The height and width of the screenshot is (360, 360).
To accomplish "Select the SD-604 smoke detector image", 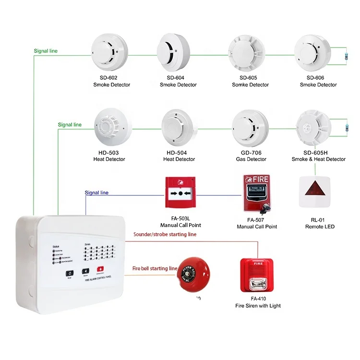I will [178, 53].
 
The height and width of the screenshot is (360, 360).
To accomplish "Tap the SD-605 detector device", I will [250, 53].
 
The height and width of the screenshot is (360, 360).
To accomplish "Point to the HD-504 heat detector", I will [179, 128].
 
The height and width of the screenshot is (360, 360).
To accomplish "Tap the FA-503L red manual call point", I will [180, 193].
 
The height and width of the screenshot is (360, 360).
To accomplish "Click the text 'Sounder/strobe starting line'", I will [165, 234].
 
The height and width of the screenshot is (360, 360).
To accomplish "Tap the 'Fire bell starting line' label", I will [155, 268].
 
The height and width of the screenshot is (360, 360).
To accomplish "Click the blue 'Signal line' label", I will [96, 193].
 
